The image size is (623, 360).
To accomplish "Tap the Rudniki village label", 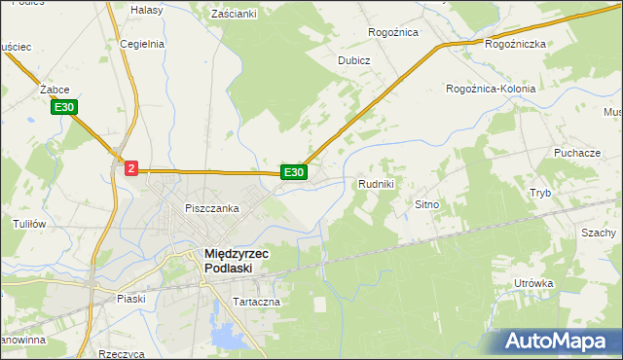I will point(376,183).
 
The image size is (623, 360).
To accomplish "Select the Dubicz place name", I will point(354,59).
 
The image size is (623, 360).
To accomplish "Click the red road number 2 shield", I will point(131,167).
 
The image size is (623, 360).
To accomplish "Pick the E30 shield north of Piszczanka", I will point(293,172).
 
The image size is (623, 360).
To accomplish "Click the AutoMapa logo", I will point(559,340).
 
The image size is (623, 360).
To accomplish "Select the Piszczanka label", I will point(212,208).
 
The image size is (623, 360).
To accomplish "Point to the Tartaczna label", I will point(256,302).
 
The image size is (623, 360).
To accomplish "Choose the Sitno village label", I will point(428,205).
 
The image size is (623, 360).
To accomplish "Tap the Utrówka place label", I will point(534,283).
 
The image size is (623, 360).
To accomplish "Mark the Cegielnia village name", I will point(142,44).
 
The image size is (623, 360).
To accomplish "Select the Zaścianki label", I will point(234,14).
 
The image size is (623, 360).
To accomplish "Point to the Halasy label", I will point(146,9).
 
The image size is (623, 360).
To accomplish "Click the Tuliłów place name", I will point(29,223).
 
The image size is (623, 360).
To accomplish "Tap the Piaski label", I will point(129,298).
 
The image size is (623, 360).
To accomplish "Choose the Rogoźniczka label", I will point(515,44).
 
